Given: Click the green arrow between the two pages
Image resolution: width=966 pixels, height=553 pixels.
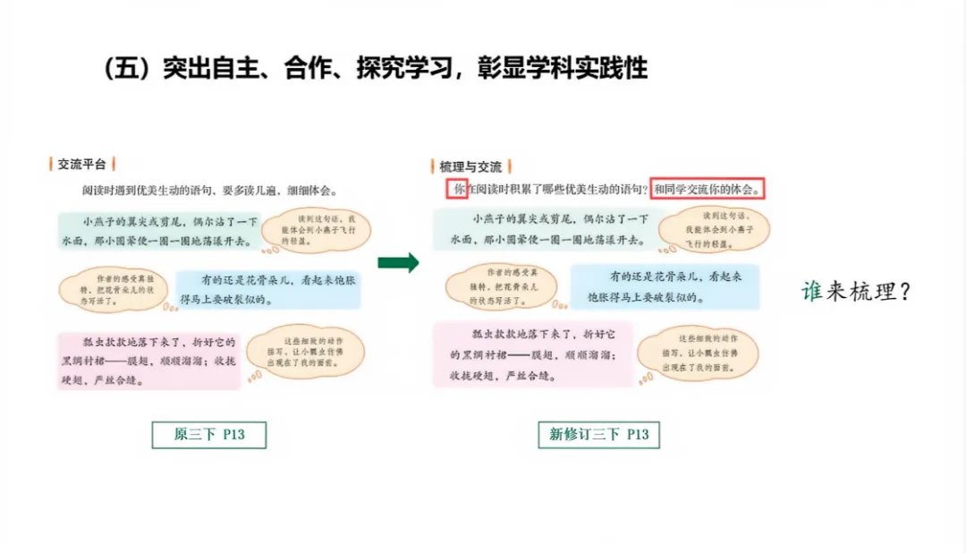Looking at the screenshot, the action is click(398, 262).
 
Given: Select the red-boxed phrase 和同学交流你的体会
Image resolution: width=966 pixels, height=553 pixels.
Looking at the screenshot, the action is click(708, 189).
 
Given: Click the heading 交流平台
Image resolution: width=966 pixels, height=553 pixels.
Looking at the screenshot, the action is click(81, 164).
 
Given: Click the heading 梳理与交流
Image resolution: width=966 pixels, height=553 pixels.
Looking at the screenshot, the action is click(470, 166).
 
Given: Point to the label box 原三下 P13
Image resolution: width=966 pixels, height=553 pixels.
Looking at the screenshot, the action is click(209, 435).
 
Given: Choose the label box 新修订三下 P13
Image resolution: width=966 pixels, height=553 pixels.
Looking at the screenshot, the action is click(599, 435).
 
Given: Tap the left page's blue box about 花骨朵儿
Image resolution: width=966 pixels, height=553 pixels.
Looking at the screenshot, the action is click(268, 289).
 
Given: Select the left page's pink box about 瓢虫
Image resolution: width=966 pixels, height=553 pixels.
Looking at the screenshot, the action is click(148, 360).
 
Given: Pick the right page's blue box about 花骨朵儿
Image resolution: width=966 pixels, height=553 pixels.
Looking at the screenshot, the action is click(665, 286).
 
